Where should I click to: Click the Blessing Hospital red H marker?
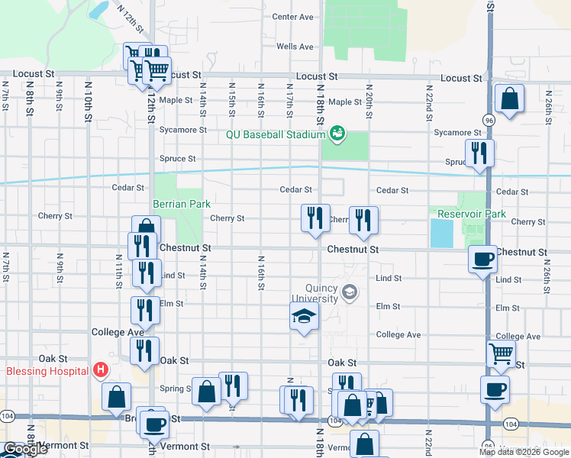tap(99, 372)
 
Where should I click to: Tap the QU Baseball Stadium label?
tap(276, 135)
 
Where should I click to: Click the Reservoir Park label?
tap(467, 214)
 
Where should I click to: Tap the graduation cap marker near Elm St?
tap(304, 316)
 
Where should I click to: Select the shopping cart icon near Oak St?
tap(501, 353)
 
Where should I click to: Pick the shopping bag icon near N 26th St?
tap(509, 98)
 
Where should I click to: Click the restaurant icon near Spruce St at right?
tap(479, 153)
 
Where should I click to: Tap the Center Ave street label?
tap(293, 17)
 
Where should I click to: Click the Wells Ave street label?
tap(295, 47)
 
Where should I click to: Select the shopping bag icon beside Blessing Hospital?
tap(115, 396)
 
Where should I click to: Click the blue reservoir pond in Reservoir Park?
tap(440, 233)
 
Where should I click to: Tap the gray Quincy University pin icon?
tap(350, 292)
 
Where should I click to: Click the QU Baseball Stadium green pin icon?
tap(335, 135)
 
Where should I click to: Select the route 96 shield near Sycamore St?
tap(487, 120)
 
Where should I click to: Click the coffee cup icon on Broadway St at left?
tap(155, 424)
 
